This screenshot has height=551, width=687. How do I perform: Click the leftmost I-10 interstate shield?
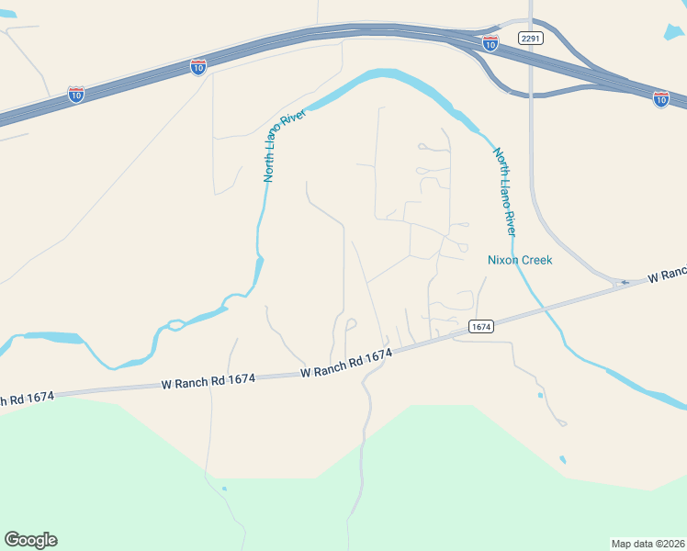(x=76, y=95)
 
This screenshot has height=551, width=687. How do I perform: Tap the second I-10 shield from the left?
(x=198, y=66)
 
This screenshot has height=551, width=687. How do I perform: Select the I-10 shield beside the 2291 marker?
(x=490, y=43)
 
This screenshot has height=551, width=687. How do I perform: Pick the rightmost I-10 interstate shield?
(x=661, y=98)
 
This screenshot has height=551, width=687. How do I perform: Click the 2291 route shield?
(x=531, y=38)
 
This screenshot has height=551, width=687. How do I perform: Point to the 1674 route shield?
(x=480, y=326)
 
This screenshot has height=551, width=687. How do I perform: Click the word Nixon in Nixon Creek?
(x=503, y=260)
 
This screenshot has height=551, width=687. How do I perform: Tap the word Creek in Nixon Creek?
(x=537, y=260)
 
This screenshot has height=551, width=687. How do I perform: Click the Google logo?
(x=30, y=539)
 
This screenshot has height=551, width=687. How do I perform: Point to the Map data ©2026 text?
(x=648, y=543)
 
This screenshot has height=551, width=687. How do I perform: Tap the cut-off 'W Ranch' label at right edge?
(x=667, y=275)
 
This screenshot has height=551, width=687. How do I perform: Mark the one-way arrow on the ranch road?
(x=624, y=282)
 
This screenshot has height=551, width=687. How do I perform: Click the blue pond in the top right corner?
(x=673, y=31)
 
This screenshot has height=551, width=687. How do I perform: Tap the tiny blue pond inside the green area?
(x=224, y=489)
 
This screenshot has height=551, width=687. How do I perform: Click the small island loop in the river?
(x=174, y=325)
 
